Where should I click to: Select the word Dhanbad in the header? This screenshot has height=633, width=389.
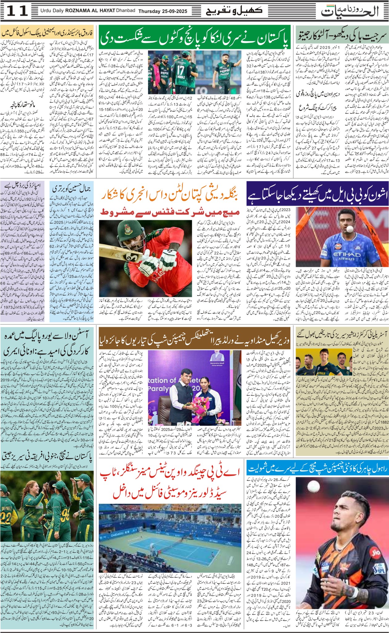pos(125,11)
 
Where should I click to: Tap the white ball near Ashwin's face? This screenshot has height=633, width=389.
pos(349,229)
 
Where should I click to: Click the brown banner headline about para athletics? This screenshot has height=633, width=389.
pos(194,342)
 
